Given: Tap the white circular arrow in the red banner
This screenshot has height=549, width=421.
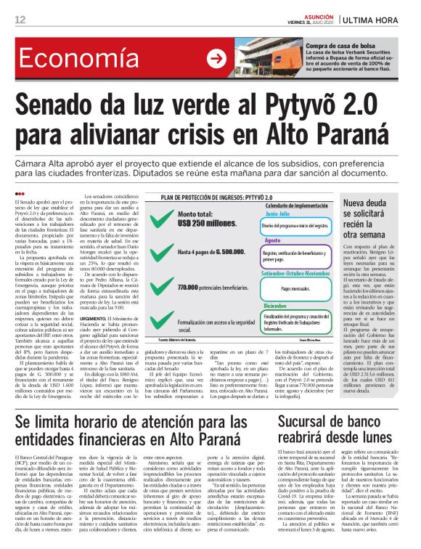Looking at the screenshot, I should click(x=216, y=59).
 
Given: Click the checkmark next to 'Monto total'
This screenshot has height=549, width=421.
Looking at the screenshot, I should click(x=164, y=219).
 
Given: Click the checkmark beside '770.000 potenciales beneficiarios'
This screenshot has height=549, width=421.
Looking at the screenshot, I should click(x=164, y=289).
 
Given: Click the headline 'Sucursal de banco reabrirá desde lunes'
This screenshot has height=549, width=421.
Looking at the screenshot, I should click(x=342, y=410).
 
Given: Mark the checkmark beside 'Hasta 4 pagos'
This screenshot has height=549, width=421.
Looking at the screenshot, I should click(x=164, y=252).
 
